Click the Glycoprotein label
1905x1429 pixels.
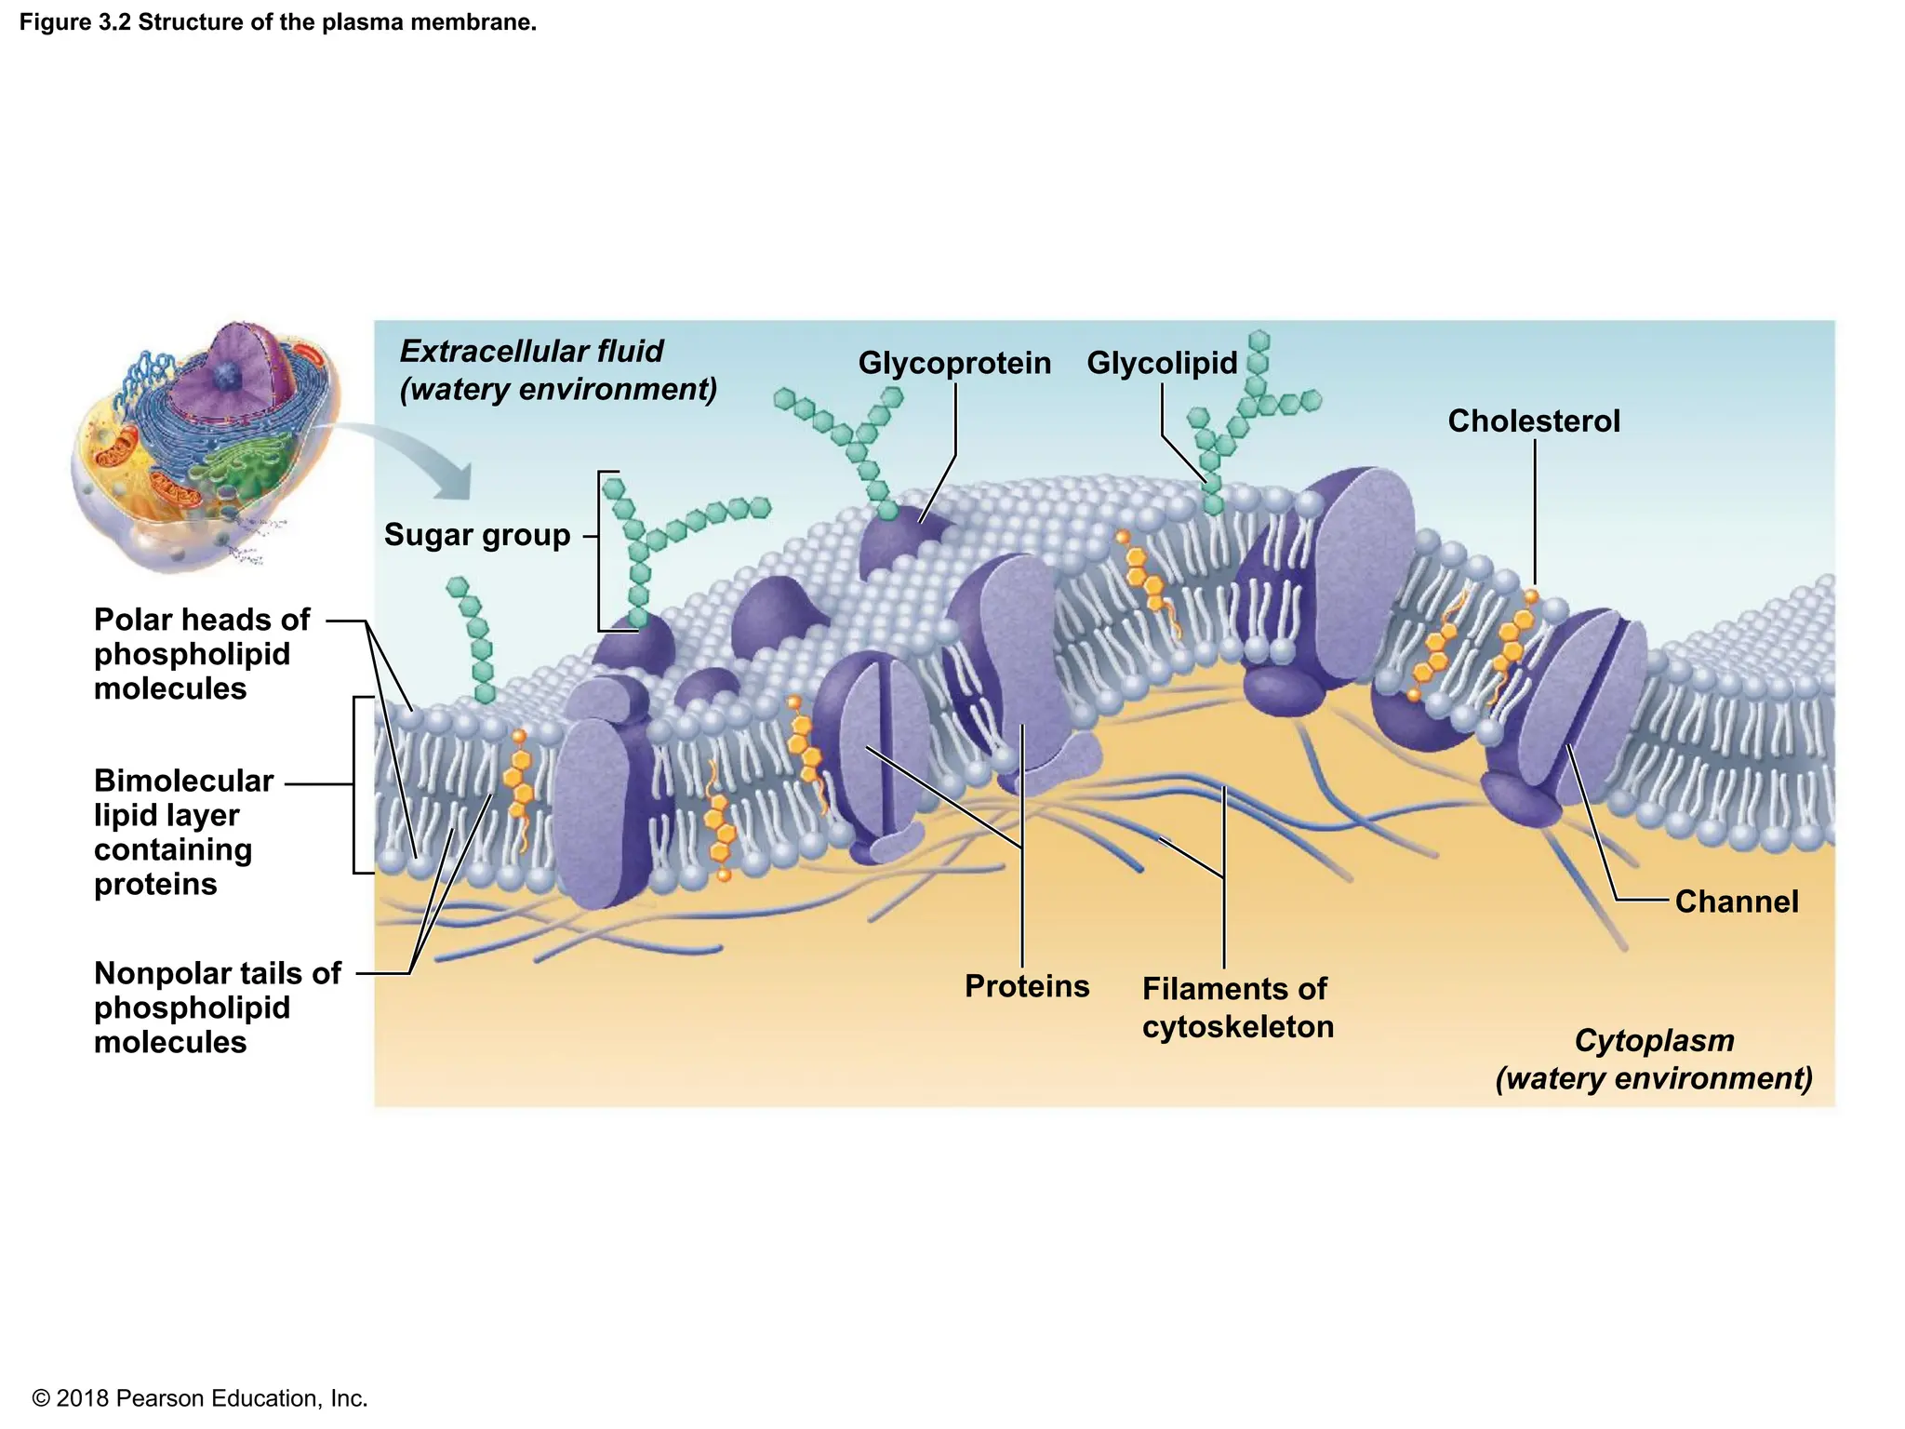pos(954,363)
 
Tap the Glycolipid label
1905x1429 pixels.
pos(1162,363)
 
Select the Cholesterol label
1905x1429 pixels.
pos(1534,421)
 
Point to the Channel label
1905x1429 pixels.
pos(1737,901)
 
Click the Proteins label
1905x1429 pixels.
pos(1027,986)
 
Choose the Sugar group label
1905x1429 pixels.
pos(477,535)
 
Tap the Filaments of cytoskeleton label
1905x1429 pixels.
pos(1238,1008)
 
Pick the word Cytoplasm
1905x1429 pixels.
pos(1654,1041)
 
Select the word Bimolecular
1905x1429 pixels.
pos(184,781)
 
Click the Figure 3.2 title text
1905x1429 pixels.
pos(278,22)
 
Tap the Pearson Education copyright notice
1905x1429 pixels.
pos(200,1398)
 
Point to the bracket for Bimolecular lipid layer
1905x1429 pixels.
pos(355,784)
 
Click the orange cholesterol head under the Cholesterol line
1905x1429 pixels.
pos(1531,594)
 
